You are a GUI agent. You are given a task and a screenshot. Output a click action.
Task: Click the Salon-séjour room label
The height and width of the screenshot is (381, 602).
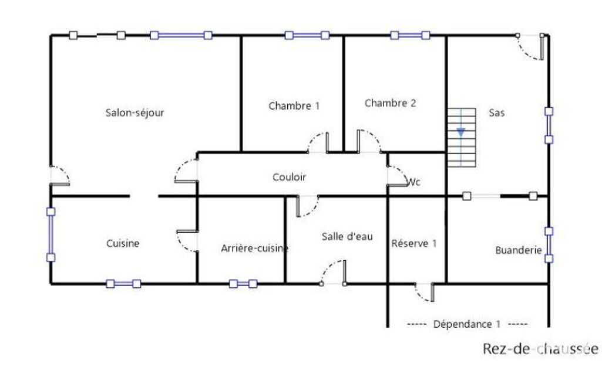click(134, 113)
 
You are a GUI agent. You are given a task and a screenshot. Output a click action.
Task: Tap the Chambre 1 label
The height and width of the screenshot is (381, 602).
click(294, 106)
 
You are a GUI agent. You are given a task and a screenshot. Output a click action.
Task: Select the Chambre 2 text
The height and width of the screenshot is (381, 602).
click(390, 103)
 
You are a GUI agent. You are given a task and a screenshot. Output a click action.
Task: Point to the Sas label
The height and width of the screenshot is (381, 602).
click(496, 113)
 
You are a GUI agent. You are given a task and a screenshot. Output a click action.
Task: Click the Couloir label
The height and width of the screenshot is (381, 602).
click(289, 176)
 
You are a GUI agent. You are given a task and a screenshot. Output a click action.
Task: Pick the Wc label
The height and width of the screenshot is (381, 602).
click(414, 182)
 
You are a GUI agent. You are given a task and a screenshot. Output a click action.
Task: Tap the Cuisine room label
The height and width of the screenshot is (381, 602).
click(123, 243)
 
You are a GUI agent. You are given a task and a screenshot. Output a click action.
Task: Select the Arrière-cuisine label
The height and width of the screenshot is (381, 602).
click(254, 249)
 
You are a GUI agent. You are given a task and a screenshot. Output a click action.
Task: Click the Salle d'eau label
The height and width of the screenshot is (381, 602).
click(347, 237)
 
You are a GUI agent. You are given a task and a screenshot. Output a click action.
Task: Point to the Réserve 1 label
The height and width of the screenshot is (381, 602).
click(414, 244)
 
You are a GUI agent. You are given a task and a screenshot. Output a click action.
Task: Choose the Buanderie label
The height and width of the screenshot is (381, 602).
click(518, 250)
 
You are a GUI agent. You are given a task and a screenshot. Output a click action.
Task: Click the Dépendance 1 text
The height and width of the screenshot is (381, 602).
click(467, 324)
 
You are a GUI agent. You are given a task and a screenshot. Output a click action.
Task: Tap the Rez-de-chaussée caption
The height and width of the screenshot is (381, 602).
click(540, 349)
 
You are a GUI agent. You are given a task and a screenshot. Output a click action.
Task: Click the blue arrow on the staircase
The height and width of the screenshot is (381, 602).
click(461, 132)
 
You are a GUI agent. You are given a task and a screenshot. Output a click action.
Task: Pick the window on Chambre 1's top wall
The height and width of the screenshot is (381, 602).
click(307, 35)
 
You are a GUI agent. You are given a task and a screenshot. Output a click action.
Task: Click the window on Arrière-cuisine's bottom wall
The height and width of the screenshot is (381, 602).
click(243, 284)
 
